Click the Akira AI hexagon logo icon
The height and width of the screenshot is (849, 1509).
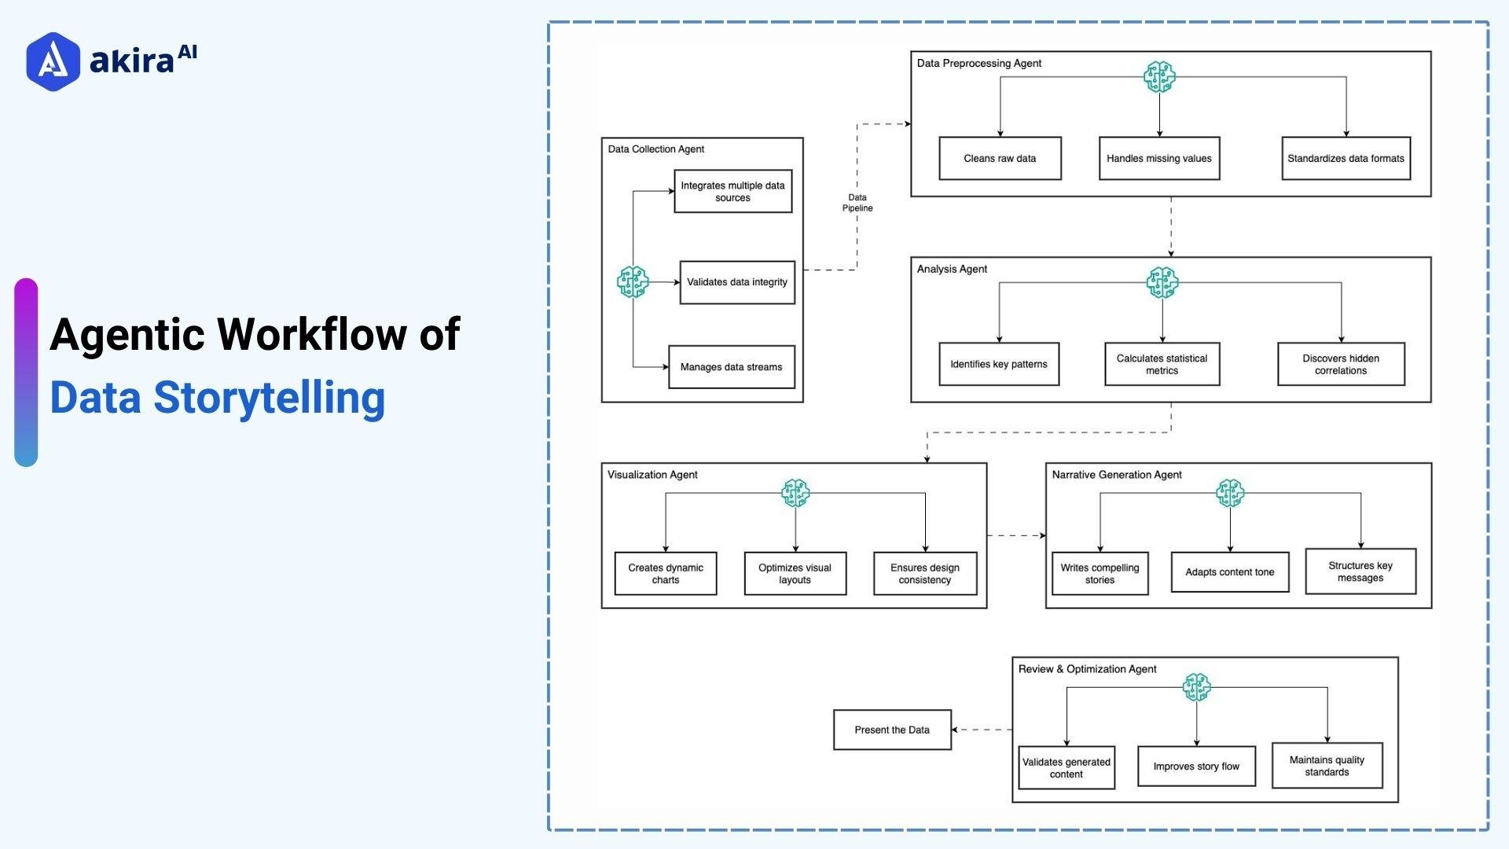coord(53,61)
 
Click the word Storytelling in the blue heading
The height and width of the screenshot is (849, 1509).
coord(269,398)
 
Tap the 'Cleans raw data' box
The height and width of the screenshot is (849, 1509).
coord(1000,159)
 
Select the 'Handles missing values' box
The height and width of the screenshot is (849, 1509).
coord(1158,159)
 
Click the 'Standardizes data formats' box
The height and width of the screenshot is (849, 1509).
coord(1346,159)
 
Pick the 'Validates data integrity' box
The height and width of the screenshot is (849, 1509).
coord(736,282)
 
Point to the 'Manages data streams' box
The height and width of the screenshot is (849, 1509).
coord(731,367)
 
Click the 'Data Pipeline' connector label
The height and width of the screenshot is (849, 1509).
coord(857,203)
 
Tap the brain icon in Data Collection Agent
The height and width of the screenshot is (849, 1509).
coord(633,281)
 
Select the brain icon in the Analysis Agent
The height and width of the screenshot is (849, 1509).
coord(1162,282)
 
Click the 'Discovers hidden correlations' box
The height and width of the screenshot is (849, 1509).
coord(1341,364)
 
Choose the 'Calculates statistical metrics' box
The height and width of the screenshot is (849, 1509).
coord(1162,364)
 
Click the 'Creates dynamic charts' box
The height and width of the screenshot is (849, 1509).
coord(665,574)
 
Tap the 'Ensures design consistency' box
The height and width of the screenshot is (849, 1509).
coord(924,574)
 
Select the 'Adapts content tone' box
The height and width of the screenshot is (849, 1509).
coord(1229,572)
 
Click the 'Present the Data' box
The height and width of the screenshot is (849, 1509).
coord(892,730)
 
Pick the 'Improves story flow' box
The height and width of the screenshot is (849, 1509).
coord(1195,766)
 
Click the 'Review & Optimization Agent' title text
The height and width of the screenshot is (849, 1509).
coord(1087,669)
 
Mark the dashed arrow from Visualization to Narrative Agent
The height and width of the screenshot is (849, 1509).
coord(1016,535)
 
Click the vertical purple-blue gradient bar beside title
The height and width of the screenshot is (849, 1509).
coord(26,373)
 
